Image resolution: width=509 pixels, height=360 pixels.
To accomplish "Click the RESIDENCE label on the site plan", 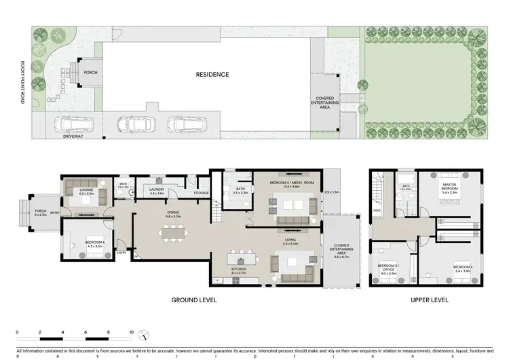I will point(212,74).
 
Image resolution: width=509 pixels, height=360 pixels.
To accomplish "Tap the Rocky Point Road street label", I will point(21,84).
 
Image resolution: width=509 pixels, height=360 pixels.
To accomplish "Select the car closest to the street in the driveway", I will point(75,124).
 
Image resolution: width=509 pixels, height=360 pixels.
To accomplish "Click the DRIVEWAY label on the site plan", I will point(73,137).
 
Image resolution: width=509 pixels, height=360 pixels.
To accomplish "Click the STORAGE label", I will point(201,193).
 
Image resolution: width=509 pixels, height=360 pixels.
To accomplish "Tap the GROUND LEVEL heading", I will point(193,300).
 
